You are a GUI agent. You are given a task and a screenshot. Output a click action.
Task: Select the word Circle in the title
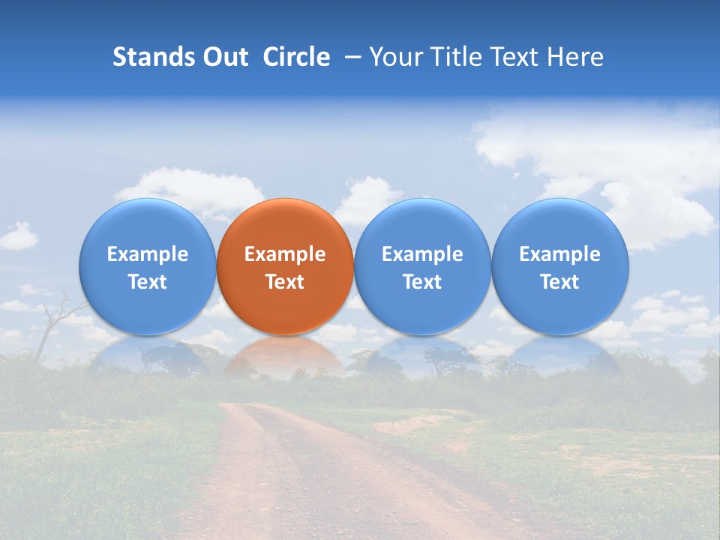(296, 57)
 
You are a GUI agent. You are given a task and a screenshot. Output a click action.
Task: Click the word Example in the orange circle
(285, 254)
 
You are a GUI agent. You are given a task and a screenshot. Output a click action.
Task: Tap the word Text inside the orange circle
(285, 282)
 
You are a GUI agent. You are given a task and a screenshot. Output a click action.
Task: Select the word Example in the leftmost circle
(147, 254)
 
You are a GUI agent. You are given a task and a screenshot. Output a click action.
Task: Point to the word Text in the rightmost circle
(559, 282)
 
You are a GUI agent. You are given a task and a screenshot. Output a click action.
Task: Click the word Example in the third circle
(422, 254)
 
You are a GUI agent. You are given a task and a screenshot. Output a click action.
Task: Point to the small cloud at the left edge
(18, 237)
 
